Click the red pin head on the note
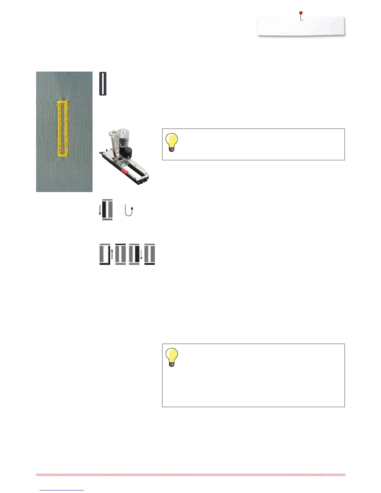[x=301, y=13]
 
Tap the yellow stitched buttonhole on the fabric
[x=62, y=128]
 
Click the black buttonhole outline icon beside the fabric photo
[x=103, y=84]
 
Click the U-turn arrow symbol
[x=129, y=210]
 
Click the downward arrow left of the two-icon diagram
[x=100, y=210]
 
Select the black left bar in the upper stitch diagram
[x=105, y=210]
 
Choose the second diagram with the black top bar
[x=120, y=254]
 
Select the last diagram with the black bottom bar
[x=150, y=254]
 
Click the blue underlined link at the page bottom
[x=62, y=490]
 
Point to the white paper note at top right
[x=301, y=26]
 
